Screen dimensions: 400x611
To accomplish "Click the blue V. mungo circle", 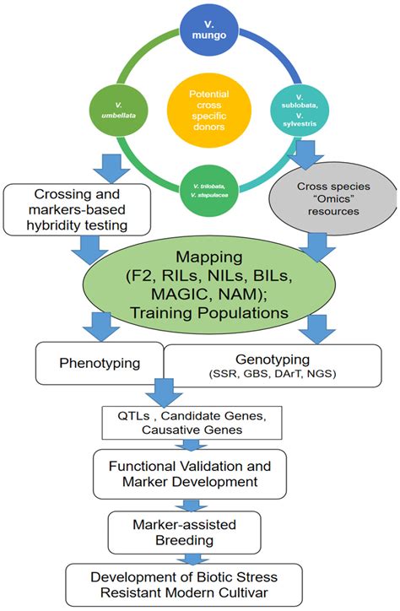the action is coord(209,31).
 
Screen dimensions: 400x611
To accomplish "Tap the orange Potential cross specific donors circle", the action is coord(209,111).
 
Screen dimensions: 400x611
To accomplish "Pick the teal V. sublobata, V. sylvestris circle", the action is coord(300,111).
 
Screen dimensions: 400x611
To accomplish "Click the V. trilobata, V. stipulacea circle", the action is coord(209,190).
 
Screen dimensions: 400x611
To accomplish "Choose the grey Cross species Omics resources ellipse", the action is coord(333,198).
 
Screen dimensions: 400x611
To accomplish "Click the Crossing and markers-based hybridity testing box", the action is coord(77,210).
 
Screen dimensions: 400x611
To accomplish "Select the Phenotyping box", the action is coord(100,364).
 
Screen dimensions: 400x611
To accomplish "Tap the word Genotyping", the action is coord(273,360).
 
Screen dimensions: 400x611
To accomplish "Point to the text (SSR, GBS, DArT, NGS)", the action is coord(273,374).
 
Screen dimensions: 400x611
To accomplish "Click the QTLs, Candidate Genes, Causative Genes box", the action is coord(192,423).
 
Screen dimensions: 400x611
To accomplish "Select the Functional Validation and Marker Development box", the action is coord(190,473).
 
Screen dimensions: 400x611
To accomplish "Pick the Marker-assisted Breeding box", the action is coord(184,533).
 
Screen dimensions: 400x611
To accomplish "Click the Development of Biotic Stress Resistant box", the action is coord(184,585).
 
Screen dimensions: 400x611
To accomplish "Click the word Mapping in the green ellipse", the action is coord(209,257).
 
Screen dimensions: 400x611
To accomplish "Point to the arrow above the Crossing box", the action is coord(111,168).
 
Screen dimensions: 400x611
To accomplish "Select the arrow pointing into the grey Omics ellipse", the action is coord(305,154).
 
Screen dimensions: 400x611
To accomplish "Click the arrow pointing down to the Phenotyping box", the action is coord(101,327).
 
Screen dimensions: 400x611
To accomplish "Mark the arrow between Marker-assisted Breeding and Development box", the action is coord(190,559).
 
